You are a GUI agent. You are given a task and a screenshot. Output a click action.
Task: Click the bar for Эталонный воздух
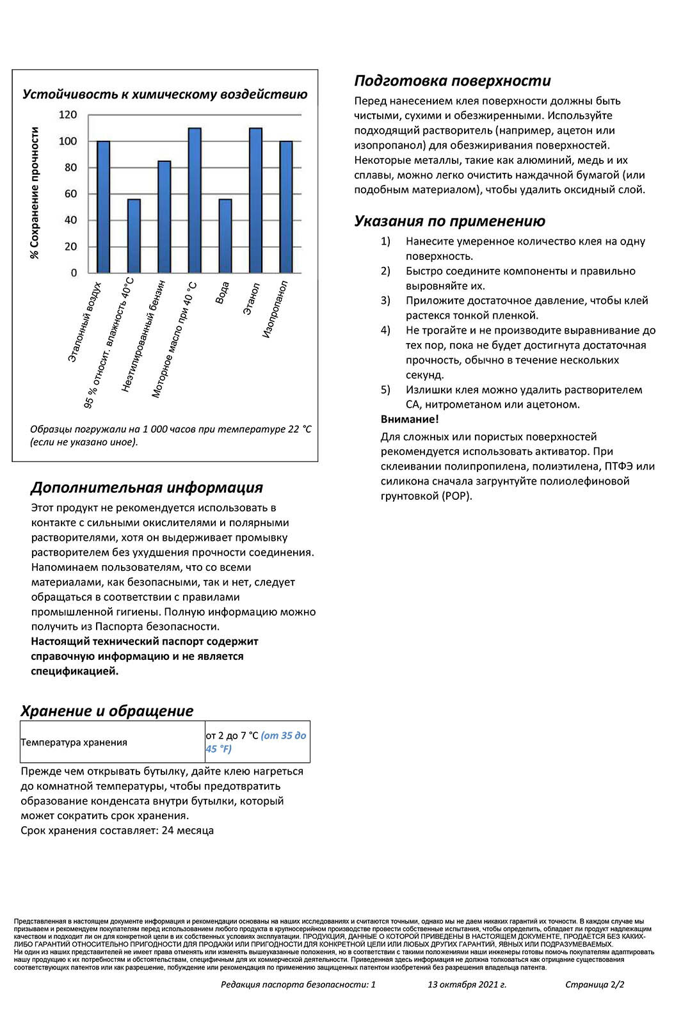[103, 207]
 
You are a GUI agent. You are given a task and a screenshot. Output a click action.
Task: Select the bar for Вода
[225, 236]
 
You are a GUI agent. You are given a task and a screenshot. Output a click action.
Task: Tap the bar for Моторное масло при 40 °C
[195, 200]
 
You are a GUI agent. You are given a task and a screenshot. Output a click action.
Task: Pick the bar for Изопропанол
[286, 207]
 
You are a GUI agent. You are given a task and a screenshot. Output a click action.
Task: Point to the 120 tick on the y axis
[68, 115]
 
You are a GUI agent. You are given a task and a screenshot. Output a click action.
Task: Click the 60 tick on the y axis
[70, 194]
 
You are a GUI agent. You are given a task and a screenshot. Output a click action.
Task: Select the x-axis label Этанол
[251, 298]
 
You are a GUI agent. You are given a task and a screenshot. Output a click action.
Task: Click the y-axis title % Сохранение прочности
[35, 193]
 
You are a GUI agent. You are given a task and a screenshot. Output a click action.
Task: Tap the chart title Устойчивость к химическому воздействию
[164, 95]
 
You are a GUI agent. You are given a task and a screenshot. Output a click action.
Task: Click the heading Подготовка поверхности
[452, 81]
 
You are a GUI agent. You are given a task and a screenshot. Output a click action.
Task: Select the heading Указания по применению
[449, 221]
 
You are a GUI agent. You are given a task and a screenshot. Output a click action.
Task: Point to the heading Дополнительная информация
[147, 488]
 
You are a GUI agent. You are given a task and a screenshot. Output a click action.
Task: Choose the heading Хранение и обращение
[107, 711]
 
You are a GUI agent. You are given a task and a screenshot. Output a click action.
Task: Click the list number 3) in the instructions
[385, 301]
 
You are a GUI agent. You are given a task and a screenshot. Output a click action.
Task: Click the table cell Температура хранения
[74, 742]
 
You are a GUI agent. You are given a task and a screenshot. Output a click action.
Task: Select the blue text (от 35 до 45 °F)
[255, 742]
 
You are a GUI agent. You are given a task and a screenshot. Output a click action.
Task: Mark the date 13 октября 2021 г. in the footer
[467, 985]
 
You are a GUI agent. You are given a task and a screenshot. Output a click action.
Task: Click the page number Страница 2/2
[595, 985]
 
